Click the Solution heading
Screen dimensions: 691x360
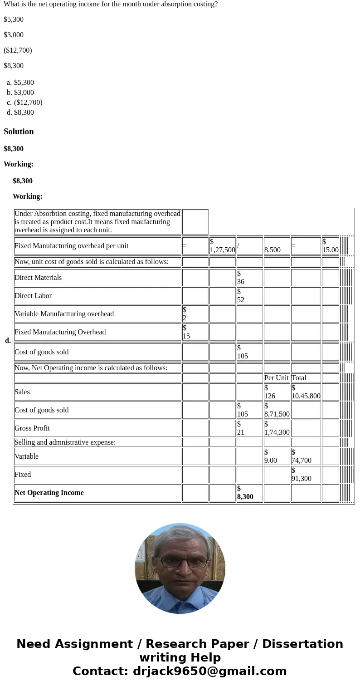pyautogui.click(x=19, y=132)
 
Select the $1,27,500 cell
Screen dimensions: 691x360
pyautogui.click(x=222, y=246)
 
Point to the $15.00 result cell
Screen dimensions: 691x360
pyautogui.click(x=330, y=246)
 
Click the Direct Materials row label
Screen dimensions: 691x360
pyautogui.click(x=38, y=278)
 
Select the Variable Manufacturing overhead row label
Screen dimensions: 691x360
pyautogui.click(x=64, y=314)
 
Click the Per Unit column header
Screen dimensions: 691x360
pyautogui.click(x=276, y=378)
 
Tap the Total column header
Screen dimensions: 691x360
pyautogui.click(x=299, y=378)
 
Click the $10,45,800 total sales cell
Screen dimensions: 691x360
pyautogui.click(x=306, y=392)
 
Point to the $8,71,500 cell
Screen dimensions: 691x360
pyautogui.click(x=277, y=410)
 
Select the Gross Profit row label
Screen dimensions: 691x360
pyautogui.click(x=32, y=428)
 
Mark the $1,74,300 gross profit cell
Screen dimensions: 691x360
pyautogui.click(x=277, y=428)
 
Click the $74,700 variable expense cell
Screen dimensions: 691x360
pyautogui.click(x=302, y=456)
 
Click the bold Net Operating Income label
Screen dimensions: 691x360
pyautogui.click(x=49, y=493)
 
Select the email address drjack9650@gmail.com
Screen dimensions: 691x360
pyautogui.click(x=209, y=671)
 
